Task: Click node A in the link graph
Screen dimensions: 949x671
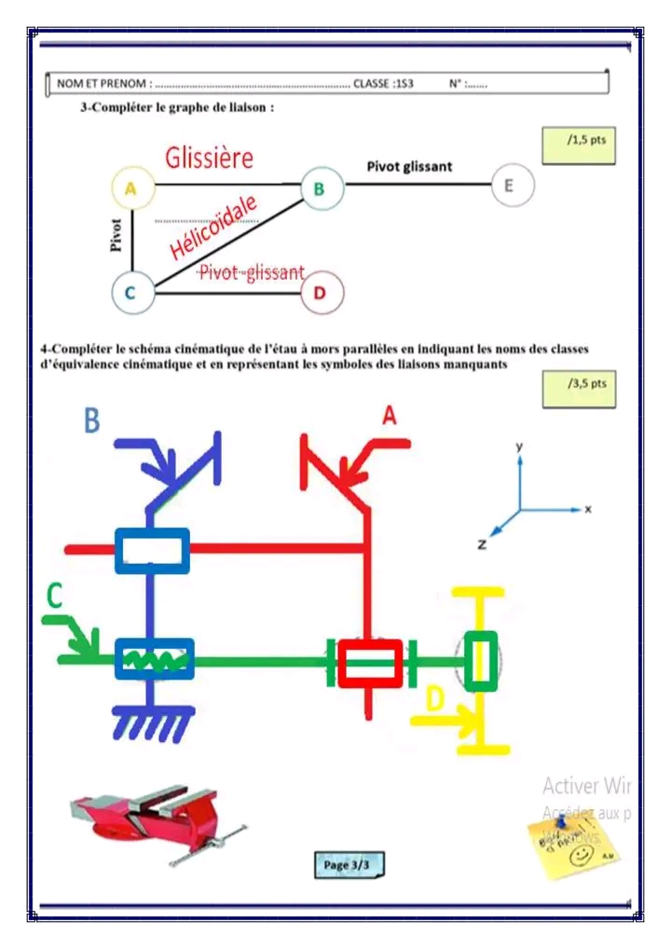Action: (x=131, y=187)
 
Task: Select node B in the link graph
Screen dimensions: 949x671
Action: (x=320, y=188)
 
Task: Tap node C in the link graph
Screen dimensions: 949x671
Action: (x=130, y=293)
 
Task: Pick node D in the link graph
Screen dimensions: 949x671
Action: (x=322, y=294)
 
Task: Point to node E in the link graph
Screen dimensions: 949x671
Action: (x=509, y=186)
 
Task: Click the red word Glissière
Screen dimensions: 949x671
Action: (x=209, y=158)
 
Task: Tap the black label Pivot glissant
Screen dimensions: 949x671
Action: (x=409, y=166)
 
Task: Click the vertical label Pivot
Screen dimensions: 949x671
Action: (x=116, y=235)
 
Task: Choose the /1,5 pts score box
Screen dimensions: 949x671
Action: (x=579, y=144)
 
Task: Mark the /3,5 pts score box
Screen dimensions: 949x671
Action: (x=579, y=388)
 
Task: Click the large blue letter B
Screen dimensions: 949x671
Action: (x=91, y=420)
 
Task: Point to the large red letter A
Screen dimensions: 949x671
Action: (x=390, y=416)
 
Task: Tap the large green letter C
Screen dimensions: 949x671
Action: (x=55, y=597)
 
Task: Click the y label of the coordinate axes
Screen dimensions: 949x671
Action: (x=519, y=447)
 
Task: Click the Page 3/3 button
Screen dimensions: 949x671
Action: (x=347, y=865)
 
